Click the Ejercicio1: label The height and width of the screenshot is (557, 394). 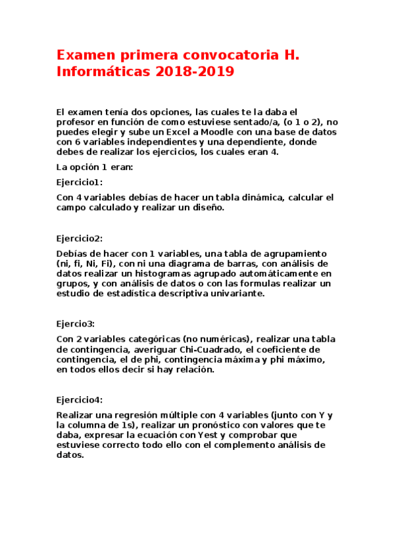click(x=80, y=182)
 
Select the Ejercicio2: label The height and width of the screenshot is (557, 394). click(x=80, y=238)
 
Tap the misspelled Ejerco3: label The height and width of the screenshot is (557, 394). click(x=76, y=324)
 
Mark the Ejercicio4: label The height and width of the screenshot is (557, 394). click(x=80, y=400)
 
